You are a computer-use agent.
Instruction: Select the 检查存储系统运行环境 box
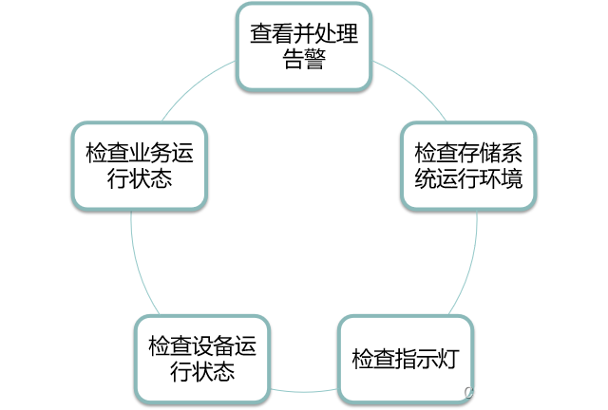click(468, 166)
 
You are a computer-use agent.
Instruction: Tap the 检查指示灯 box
click(406, 359)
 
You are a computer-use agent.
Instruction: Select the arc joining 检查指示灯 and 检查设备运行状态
click(304, 390)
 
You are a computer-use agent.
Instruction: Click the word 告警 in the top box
click(304, 60)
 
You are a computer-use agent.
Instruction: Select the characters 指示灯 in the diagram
click(427, 360)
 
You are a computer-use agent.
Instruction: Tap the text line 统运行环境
click(468, 178)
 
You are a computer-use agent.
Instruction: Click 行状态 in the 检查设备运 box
click(201, 371)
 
